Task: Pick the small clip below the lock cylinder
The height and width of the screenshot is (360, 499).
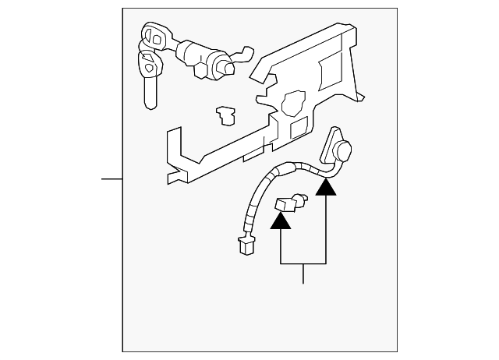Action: point(227,115)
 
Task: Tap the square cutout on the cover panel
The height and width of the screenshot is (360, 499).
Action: point(299,129)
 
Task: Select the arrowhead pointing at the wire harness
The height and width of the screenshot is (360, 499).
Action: point(326,186)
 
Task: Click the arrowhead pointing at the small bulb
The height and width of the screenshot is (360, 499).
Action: point(280,221)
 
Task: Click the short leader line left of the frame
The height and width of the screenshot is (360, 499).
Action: point(112,179)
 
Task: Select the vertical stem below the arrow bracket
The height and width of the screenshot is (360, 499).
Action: point(303,274)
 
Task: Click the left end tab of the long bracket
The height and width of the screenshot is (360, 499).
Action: point(174,156)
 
